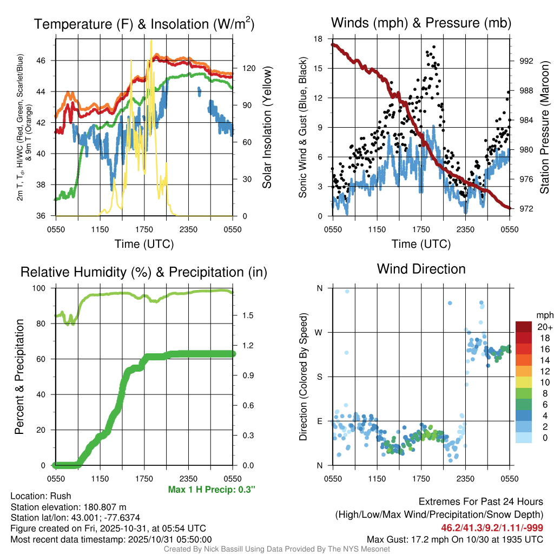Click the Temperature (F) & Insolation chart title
[144, 24]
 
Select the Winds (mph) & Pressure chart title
[421, 23]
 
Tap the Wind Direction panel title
[421, 268]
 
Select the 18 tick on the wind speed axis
[318, 39]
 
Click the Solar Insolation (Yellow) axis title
[267, 128]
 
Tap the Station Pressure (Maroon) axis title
[544, 128]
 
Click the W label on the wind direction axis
[319, 332]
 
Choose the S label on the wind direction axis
[320, 377]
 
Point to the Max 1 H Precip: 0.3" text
[212, 490]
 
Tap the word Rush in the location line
[61, 496]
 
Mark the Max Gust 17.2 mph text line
[455, 539]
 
